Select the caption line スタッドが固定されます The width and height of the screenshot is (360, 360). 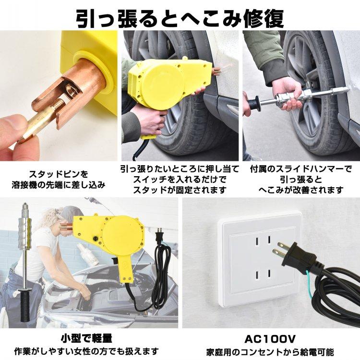tap(180, 190)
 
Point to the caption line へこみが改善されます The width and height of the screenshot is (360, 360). tap(301, 190)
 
